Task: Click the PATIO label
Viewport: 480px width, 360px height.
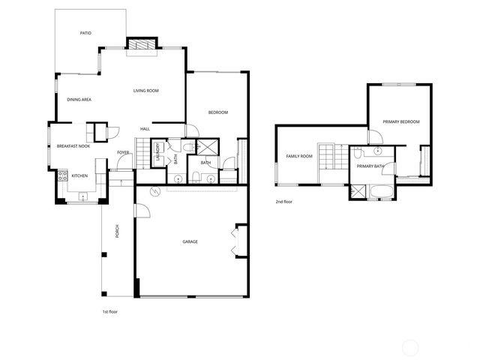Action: pos(85,34)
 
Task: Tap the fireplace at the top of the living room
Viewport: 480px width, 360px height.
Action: pos(141,45)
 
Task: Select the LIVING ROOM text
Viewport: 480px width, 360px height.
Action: pos(146,91)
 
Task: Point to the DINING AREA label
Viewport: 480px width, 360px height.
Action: pos(79,100)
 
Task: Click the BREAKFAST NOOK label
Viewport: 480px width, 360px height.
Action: pos(73,146)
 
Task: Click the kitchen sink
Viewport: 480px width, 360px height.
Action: pos(82,197)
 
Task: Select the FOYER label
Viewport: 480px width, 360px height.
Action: pos(123,152)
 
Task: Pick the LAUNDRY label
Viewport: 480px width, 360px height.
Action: pos(157,152)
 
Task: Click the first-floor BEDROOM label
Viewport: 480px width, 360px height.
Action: pos(217,112)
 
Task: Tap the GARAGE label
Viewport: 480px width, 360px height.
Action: pos(190,241)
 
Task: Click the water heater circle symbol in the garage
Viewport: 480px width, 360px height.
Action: pos(155,190)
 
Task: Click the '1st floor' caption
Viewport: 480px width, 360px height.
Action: pos(109,311)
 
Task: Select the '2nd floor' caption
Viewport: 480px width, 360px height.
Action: pos(283,202)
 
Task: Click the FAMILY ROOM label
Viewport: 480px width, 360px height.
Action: pos(299,157)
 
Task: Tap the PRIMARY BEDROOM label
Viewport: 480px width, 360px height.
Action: pos(400,121)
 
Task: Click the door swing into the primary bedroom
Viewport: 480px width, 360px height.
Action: pos(374,136)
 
